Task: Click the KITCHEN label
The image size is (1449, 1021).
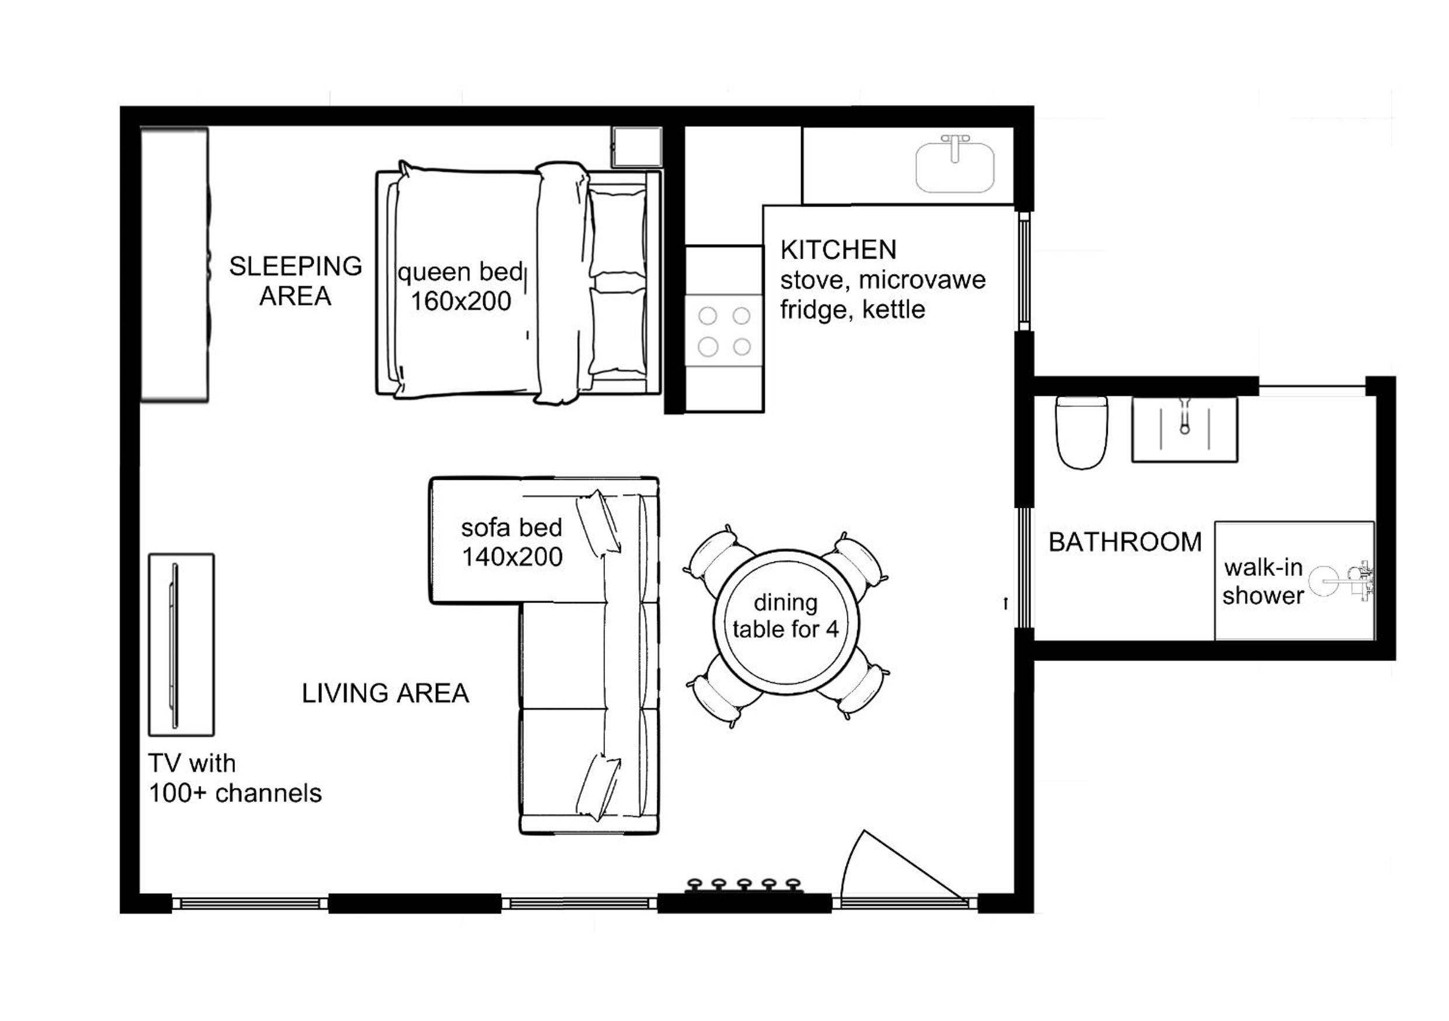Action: [838, 250]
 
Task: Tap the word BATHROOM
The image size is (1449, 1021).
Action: [1125, 542]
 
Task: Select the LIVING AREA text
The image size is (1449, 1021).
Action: [385, 693]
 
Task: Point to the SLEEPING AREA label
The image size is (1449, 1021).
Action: [296, 281]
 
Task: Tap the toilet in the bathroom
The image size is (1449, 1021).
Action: [1081, 432]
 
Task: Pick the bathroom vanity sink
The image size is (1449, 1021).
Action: [1184, 430]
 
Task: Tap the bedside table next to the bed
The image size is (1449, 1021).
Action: [637, 147]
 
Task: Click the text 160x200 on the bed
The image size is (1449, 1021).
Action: [461, 301]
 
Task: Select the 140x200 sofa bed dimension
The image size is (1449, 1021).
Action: [512, 557]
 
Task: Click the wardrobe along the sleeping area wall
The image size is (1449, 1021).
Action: [175, 265]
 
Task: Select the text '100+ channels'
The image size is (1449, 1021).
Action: [235, 793]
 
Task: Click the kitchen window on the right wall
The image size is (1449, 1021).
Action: [1024, 272]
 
